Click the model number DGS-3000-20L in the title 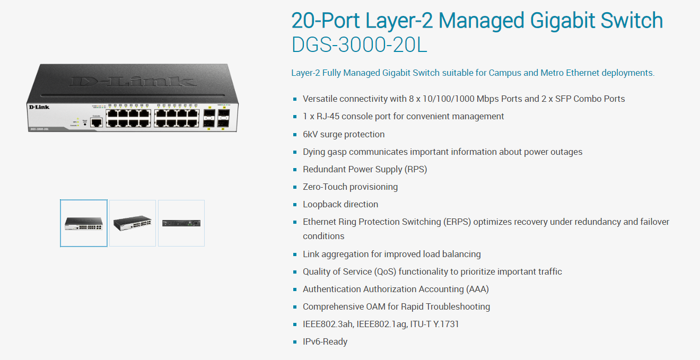[359, 45]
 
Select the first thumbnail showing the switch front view [84, 223]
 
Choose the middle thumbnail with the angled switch [133, 223]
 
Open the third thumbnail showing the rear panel [181, 223]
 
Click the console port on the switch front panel [97, 122]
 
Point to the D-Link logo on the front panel [39, 107]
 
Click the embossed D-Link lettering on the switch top [133, 82]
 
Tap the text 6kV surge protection [344, 134]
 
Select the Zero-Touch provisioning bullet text [351, 187]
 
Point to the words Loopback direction [340, 204]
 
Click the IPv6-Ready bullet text [325, 342]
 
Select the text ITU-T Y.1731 [434, 324]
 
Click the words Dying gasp [325, 152]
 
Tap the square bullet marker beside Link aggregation [295, 254]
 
